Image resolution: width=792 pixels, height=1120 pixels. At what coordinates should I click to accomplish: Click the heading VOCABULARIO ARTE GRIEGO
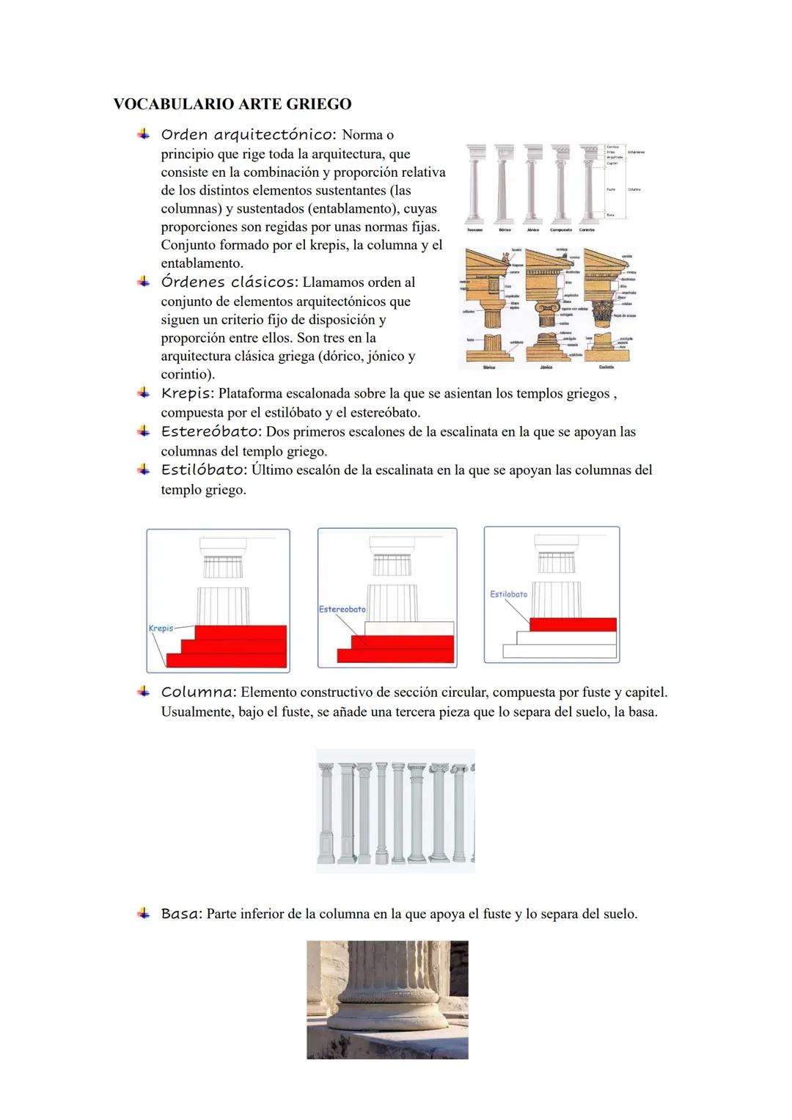[x=232, y=104]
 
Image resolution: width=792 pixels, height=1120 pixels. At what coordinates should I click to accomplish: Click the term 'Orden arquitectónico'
[x=248, y=135]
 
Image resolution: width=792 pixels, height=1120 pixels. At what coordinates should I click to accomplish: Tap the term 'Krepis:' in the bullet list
[x=188, y=394]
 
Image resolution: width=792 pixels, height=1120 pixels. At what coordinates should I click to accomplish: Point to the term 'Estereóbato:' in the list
[x=211, y=432]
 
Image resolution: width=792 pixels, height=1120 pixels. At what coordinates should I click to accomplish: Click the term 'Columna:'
[x=198, y=692]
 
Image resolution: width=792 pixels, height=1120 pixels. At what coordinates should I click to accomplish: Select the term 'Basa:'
[x=181, y=915]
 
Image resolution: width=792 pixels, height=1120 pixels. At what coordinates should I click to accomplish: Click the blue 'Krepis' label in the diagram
[x=161, y=629]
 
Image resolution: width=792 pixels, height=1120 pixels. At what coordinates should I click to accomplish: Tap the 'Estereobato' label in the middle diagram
[x=342, y=610]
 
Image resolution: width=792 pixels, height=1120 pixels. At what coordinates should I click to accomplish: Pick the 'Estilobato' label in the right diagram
[x=508, y=594]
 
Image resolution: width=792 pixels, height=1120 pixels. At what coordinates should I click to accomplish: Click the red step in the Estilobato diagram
[x=572, y=625]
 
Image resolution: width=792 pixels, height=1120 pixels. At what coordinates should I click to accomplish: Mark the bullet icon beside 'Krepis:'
[x=143, y=394]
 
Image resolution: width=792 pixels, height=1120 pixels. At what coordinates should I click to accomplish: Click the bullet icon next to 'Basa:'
[x=143, y=914]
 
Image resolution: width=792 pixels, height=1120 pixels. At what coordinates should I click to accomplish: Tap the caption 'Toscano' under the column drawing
[x=474, y=230]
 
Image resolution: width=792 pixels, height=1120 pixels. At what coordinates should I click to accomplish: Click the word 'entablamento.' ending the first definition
[x=202, y=263]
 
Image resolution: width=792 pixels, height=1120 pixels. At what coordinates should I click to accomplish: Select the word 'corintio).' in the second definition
[x=188, y=375]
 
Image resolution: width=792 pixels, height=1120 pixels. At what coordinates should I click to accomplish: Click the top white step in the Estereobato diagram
[x=409, y=629]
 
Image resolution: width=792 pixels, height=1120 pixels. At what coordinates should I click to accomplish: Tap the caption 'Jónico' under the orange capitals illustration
[x=546, y=367]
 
